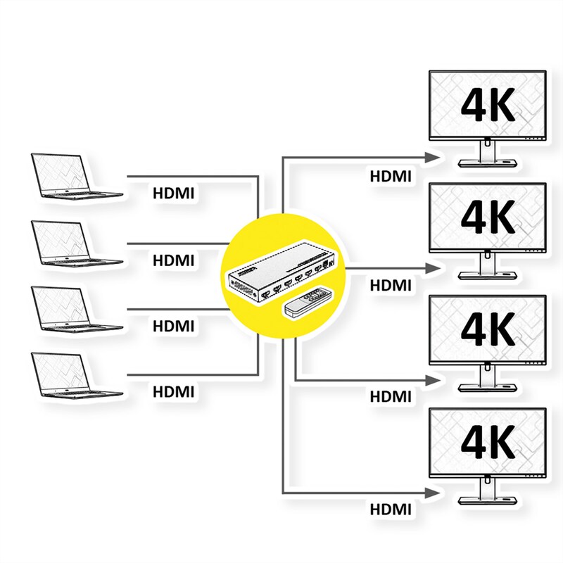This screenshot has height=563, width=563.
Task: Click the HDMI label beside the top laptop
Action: [x=173, y=192]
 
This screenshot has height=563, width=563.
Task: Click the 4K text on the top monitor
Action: [x=488, y=103]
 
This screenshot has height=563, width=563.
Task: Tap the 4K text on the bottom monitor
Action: [x=488, y=442]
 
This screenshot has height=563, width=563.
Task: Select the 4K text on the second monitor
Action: [x=488, y=216]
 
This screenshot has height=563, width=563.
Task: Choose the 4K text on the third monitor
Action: [x=488, y=329]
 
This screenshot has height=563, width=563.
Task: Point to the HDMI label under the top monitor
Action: [x=391, y=176]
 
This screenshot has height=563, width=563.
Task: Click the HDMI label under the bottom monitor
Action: [x=391, y=508]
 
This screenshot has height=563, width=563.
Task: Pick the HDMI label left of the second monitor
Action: [x=391, y=285]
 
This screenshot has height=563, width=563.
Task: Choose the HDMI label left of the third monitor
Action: [x=391, y=396]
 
